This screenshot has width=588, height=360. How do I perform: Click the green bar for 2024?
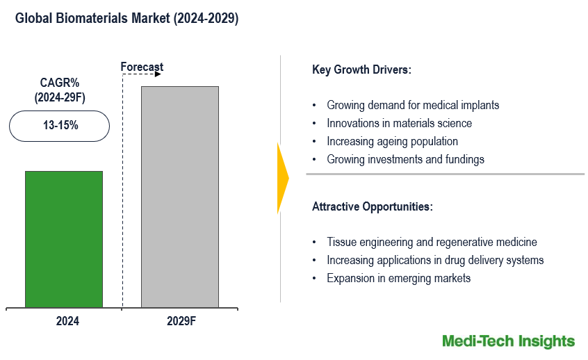pyautogui.click(x=64, y=239)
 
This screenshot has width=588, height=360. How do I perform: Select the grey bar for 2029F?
pyautogui.click(x=179, y=197)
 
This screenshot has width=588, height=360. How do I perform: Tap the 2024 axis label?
pyautogui.click(x=67, y=321)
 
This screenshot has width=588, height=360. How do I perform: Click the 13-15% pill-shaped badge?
pyautogui.click(x=60, y=126)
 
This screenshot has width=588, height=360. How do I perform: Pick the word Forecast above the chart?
pyautogui.click(x=142, y=67)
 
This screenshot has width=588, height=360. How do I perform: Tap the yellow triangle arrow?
pyautogui.click(x=282, y=178)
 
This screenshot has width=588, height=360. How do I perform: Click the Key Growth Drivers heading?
pyautogui.click(x=361, y=69)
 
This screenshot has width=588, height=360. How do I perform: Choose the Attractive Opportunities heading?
pyautogui.click(x=373, y=206)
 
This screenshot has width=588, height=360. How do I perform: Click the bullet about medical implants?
pyautogui.click(x=413, y=105)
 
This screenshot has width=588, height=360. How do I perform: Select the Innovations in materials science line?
pyautogui.click(x=399, y=123)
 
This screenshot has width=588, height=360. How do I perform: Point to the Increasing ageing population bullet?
pyautogui.click(x=392, y=141)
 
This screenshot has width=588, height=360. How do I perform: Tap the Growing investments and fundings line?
pyautogui.click(x=405, y=159)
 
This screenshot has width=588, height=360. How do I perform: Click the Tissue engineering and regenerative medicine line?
pyautogui.click(x=432, y=242)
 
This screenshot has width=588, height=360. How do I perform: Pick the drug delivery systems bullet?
pyautogui.click(x=435, y=260)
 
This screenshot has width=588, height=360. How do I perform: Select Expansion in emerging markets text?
pyautogui.click(x=398, y=278)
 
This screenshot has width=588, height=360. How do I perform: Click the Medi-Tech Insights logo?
pyautogui.click(x=508, y=341)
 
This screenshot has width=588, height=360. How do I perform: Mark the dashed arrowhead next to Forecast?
pyautogui.click(x=158, y=74)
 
